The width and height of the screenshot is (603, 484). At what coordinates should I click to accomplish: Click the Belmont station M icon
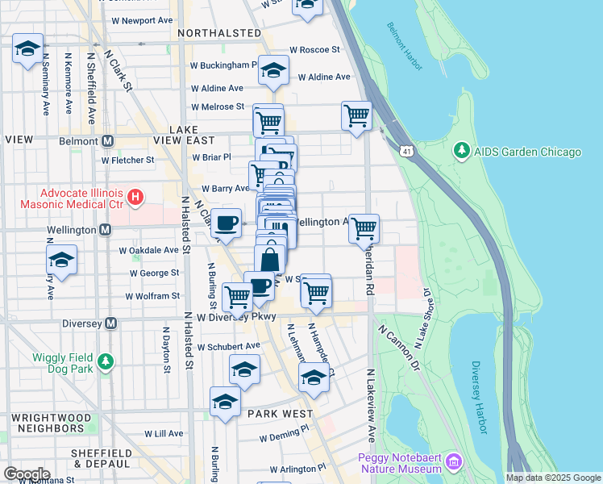coord(106,140)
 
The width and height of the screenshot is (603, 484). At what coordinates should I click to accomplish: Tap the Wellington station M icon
coord(105,230)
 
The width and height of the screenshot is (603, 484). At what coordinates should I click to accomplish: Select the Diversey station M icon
coord(111,323)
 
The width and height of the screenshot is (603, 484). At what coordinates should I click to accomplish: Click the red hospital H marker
coord(135,196)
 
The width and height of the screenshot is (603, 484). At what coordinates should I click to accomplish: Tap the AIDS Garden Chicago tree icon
coord(461,152)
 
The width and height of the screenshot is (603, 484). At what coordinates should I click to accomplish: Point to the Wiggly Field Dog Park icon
coord(105,363)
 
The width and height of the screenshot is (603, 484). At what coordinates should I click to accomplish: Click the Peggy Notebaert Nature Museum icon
coord(454,462)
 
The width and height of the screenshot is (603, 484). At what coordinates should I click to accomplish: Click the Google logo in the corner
coord(26,474)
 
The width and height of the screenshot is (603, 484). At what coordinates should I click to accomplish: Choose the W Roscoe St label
coord(314,49)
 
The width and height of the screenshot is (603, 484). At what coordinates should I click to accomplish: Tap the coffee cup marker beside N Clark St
coord(227,223)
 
